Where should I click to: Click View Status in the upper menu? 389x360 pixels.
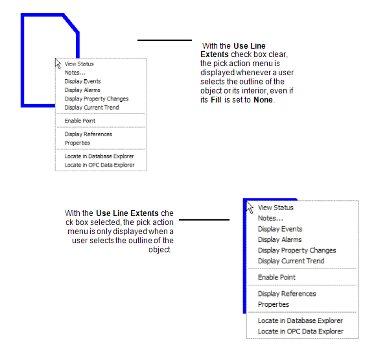pyautogui.click(x=79, y=64)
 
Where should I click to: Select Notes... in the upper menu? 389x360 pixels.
pyautogui.click(x=75, y=73)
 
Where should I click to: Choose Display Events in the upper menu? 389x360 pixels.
pyautogui.click(x=82, y=82)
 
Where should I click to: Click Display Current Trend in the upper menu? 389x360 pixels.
pyautogui.click(x=91, y=108)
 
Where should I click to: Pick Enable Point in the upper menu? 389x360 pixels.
pyautogui.click(x=80, y=121)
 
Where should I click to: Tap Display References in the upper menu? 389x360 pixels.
pyautogui.click(x=88, y=134)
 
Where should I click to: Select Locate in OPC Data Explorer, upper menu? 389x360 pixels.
pyautogui.click(x=99, y=165)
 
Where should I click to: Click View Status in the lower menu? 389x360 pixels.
pyautogui.click(x=276, y=208)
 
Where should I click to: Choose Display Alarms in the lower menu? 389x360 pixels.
pyautogui.click(x=279, y=240)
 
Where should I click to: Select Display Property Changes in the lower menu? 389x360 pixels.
pyautogui.click(x=296, y=250)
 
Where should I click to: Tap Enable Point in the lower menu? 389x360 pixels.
pyautogui.click(x=277, y=278)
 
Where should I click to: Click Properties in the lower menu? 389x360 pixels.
pyautogui.click(x=274, y=304)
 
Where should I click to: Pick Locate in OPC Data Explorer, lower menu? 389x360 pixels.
pyautogui.click(x=300, y=331)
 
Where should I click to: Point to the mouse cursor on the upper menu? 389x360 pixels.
pyautogui.click(x=58, y=63)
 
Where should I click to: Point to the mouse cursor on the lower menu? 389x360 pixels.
pyautogui.click(x=250, y=207)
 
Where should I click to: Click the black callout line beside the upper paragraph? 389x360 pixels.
pyautogui.click(x=165, y=40)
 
